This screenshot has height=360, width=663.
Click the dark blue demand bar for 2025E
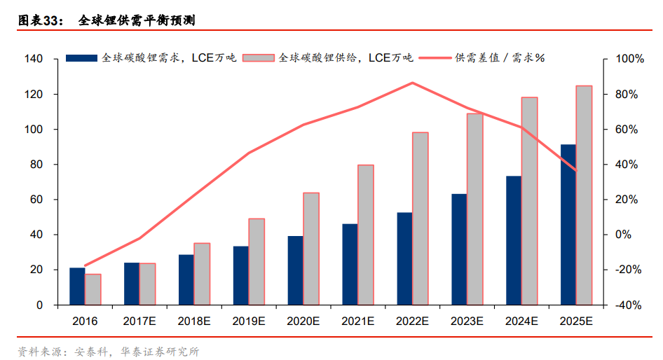568,225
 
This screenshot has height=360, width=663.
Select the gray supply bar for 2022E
420,219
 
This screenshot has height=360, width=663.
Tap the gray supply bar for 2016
93,289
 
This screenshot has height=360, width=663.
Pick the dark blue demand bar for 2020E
295,270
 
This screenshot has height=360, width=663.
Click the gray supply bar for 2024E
529,201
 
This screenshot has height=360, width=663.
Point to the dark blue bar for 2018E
186,279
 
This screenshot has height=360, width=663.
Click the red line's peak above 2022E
412,83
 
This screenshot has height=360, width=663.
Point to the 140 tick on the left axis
34,60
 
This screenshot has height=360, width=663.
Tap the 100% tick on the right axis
629,60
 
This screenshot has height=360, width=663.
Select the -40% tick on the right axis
629,305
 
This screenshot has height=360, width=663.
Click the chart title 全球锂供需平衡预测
136,20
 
